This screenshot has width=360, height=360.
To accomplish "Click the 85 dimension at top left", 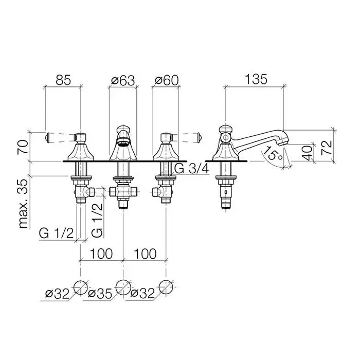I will [62, 80].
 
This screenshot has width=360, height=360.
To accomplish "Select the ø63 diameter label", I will [122, 80].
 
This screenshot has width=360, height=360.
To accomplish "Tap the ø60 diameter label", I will [166, 80].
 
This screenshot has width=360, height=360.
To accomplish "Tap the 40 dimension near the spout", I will [307, 153].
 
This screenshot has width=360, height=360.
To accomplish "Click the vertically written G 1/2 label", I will [96, 220].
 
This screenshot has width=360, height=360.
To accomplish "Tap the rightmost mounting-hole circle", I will [166, 287].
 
